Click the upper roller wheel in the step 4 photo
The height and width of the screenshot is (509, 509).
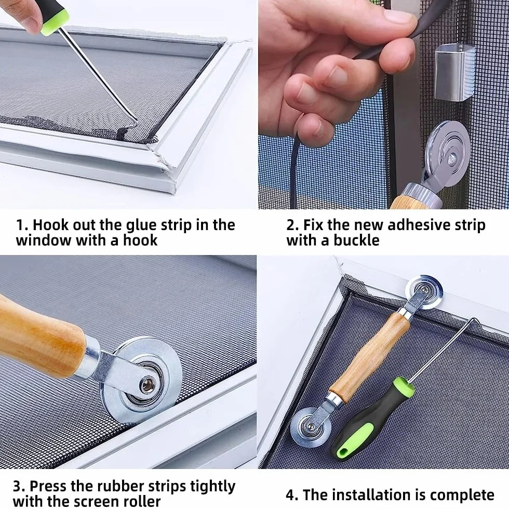pyautogui.click(x=425, y=291)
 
